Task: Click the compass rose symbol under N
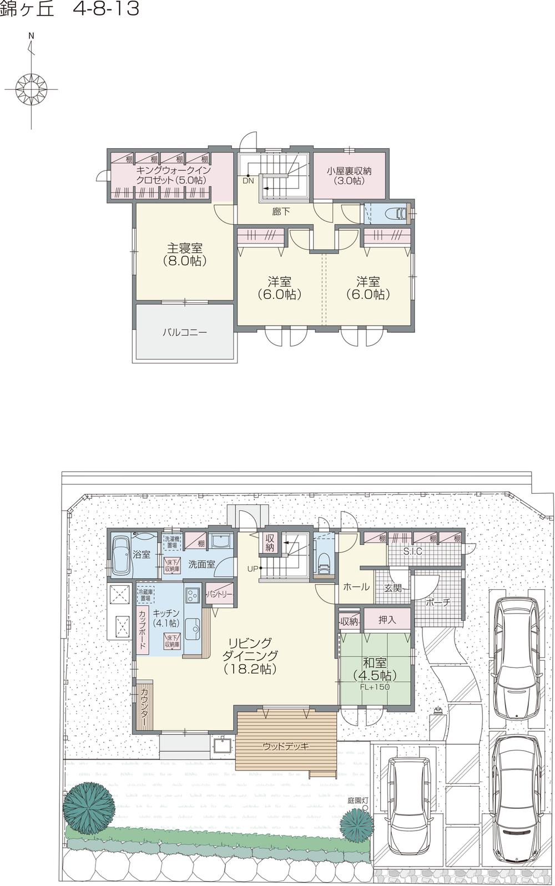[31, 88]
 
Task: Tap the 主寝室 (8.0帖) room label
[185, 255]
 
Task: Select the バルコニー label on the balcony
[185, 333]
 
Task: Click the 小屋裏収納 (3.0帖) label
[349, 175]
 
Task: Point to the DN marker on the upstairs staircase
[248, 180]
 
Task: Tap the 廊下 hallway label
[281, 211]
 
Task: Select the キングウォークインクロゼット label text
[172, 175]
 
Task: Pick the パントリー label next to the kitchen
[220, 594]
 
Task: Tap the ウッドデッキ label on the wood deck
[286, 746]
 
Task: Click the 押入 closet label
[387, 620]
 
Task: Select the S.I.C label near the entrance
[412, 552]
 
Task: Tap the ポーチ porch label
[438, 602]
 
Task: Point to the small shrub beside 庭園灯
[355, 825]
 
